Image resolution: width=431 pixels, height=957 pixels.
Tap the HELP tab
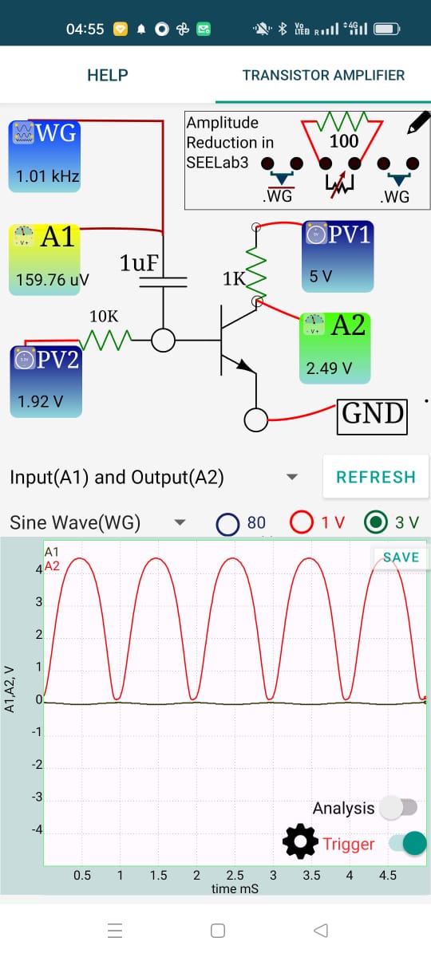pos(107,75)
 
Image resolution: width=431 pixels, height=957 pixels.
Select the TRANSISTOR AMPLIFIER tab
pos(323,75)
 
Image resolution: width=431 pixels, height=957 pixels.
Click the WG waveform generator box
pos(45,156)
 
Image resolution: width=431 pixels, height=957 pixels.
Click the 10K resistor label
pos(103,317)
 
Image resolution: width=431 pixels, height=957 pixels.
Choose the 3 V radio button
pos(375,522)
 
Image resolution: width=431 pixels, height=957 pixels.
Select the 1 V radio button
pos(302,522)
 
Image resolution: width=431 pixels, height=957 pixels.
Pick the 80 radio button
pos(228,523)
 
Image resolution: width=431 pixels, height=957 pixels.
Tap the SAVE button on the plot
pos(401,557)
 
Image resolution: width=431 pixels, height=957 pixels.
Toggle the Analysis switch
pos(398,808)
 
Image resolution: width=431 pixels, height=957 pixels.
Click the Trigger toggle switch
pos(406,843)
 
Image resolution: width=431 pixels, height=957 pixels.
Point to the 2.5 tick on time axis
pos(235,875)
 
